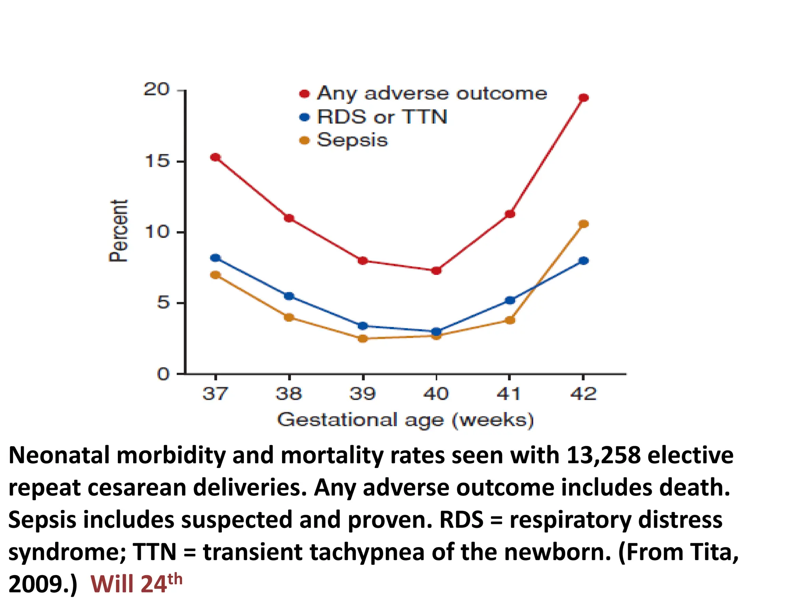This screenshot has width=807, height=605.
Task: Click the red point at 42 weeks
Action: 584,98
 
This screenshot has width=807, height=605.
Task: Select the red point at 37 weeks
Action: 216,157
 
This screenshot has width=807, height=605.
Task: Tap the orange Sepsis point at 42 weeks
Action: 584,224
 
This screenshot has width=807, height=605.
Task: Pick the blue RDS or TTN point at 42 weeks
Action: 584,260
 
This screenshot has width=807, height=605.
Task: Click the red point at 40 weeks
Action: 436,271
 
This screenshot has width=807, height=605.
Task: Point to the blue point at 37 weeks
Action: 216,258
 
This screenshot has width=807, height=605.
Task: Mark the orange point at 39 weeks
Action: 363,338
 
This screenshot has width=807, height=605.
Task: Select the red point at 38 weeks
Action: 289,218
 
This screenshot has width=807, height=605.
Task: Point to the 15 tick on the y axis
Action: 157,161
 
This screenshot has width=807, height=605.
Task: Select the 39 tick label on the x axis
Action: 363,393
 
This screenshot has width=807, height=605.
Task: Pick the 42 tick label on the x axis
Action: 584,393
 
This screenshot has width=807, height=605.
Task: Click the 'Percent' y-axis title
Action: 119,230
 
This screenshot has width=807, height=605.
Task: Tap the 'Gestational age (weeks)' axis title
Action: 405,420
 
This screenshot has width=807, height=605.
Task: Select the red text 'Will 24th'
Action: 136,583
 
